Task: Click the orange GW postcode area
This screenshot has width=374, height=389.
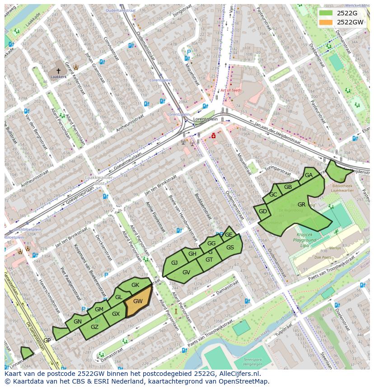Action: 138,301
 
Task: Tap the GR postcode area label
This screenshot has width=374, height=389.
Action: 302,205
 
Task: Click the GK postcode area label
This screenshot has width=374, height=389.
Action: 135,285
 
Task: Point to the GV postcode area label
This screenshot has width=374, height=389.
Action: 186,272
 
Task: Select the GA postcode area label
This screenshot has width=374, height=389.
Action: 309,175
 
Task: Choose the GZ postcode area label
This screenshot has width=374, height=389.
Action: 94,327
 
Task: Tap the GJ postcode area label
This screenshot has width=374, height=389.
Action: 174,263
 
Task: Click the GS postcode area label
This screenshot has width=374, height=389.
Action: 230,248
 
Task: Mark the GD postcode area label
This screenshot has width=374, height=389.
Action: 263,211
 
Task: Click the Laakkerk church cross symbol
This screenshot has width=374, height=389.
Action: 58,71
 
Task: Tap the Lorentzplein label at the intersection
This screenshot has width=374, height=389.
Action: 205,119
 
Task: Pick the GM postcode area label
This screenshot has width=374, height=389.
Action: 99,309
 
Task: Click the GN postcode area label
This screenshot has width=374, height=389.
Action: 78,322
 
